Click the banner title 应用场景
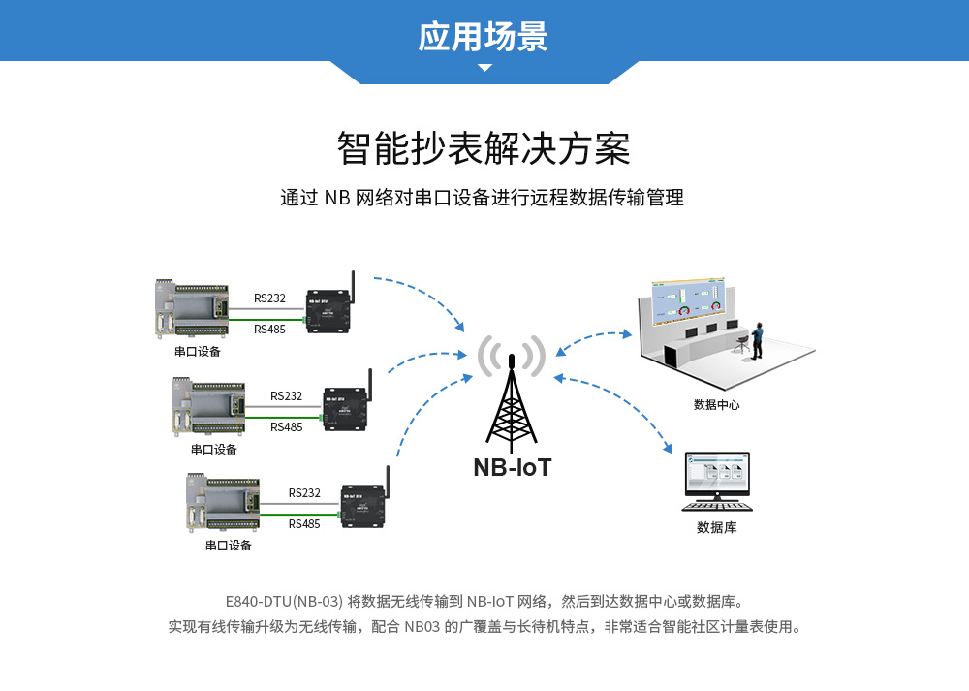484,36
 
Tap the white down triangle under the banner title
484,68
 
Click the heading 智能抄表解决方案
484,149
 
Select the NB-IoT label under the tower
513,468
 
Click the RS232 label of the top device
269,298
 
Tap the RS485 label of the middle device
286,426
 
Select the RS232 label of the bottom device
304,493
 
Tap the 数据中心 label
716,404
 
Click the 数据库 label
716,528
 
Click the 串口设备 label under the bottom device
229,545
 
